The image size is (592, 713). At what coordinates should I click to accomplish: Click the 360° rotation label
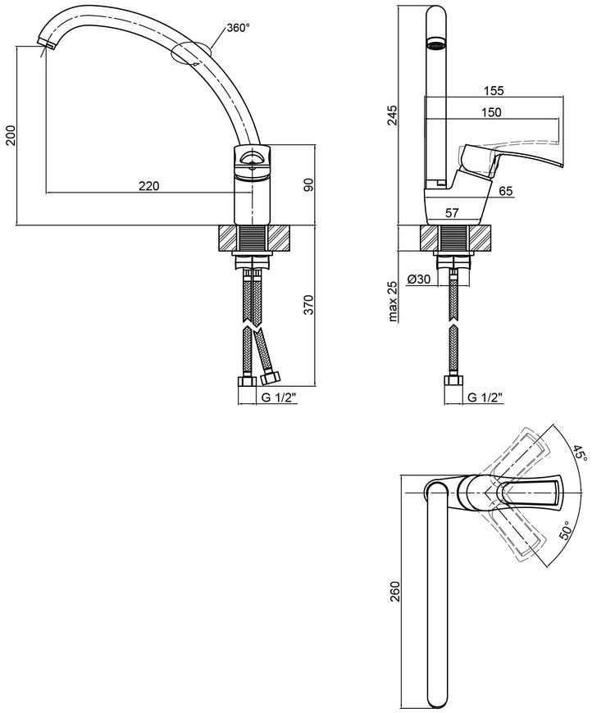coord(239,28)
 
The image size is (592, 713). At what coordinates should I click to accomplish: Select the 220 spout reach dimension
coord(148,185)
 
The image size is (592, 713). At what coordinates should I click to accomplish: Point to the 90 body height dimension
coord(309,184)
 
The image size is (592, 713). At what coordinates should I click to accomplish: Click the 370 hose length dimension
coord(309,305)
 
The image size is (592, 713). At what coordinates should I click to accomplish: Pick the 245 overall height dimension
coord(392,115)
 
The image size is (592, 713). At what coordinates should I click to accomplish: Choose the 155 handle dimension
coord(494,90)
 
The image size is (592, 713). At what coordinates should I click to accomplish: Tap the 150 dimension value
coord(491,111)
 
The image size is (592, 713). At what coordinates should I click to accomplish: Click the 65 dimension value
coord(506,191)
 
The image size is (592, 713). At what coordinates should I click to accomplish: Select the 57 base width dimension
coord(452,212)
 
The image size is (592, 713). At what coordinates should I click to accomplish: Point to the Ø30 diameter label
coord(419,279)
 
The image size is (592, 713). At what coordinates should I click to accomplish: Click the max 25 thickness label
coord(392,301)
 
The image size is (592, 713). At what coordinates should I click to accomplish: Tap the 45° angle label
coord(580,453)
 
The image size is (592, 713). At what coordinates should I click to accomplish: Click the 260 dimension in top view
coord(394,591)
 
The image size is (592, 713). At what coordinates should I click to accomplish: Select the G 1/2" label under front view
coord(279,397)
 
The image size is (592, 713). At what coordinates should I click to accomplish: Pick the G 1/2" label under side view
coord(485,397)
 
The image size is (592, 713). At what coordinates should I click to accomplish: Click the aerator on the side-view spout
coord(436,45)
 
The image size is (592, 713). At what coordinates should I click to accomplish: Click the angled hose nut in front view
coord(271,378)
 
